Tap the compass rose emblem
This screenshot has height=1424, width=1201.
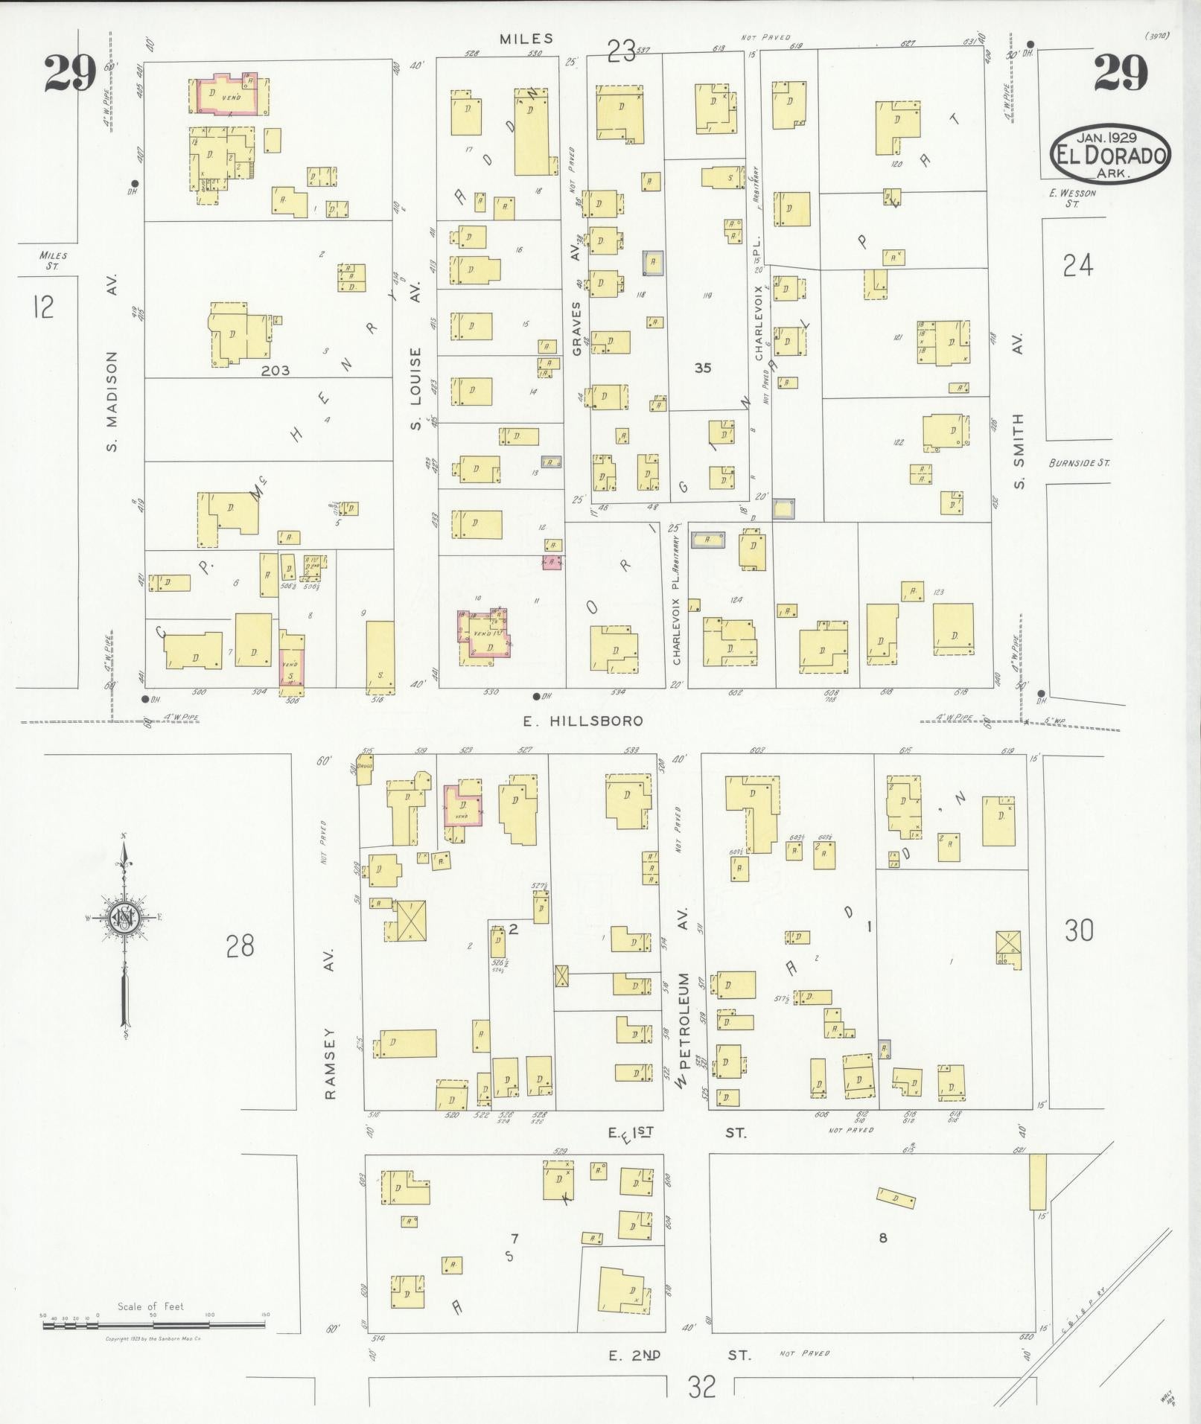[124, 921]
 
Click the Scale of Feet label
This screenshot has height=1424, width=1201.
[150, 1306]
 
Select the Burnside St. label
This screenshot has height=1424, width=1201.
[1078, 463]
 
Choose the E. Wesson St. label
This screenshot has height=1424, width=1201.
[1072, 197]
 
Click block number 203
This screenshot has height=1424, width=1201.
[275, 370]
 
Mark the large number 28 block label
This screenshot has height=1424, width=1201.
[240, 946]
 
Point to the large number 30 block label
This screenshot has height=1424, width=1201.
[1078, 930]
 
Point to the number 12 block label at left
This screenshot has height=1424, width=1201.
[43, 306]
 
